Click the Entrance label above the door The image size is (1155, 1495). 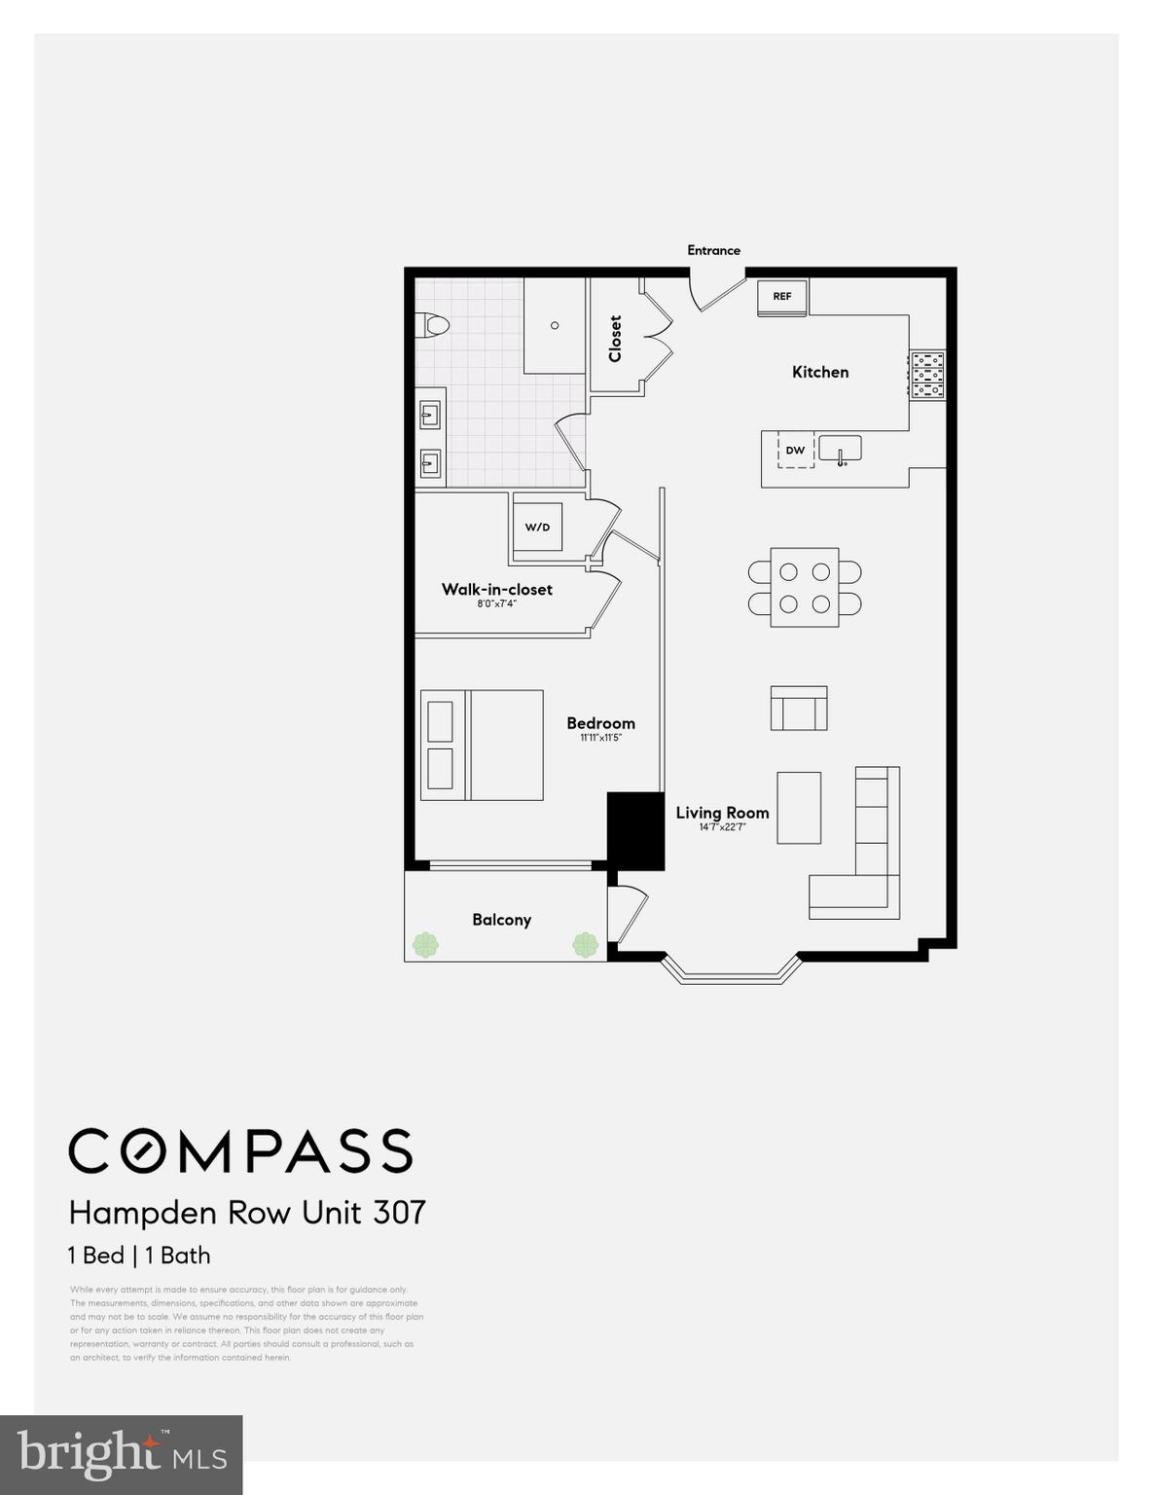[x=713, y=250]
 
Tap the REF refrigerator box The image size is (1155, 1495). [x=782, y=297]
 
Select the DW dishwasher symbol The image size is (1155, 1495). [x=795, y=451]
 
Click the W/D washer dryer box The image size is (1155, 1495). [x=537, y=528]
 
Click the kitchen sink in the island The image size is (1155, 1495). [x=840, y=450]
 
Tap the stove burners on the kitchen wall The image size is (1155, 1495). [x=926, y=374]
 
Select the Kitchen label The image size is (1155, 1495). [x=819, y=372]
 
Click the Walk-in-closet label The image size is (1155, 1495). [x=496, y=589]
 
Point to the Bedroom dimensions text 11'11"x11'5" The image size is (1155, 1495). [x=600, y=738]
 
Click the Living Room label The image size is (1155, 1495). [x=722, y=813]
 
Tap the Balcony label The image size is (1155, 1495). [x=501, y=920]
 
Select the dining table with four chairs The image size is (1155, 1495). [x=805, y=587]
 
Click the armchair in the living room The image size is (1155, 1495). [x=799, y=708]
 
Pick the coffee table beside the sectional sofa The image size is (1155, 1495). [x=799, y=808]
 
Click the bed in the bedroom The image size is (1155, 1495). [x=482, y=745]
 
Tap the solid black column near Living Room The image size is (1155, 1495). [x=635, y=830]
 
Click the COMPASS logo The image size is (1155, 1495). [x=240, y=1151]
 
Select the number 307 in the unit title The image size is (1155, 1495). [x=400, y=1213]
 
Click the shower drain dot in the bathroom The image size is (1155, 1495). [x=556, y=325]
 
